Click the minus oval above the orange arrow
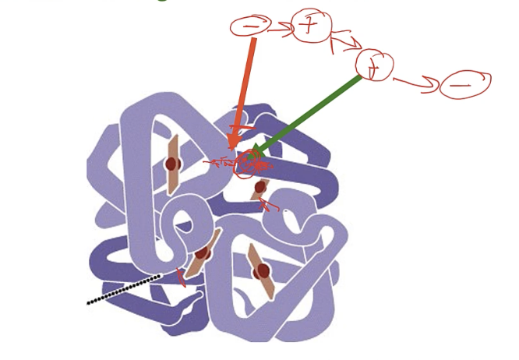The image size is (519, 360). [x=250, y=26]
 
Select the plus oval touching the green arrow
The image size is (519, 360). [x=373, y=65]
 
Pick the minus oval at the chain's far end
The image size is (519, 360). [x=464, y=83]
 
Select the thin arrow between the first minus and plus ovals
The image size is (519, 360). [x=279, y=30]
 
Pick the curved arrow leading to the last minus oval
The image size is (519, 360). [x=417, y=83]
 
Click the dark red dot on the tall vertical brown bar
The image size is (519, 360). [x=172, y=164]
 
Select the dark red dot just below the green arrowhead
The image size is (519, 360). [x=260, y=187]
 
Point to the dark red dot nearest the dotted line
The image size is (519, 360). [x=202, y=253]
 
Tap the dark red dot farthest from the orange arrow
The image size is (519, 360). [x=262, y=271]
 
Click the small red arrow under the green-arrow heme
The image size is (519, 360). [x=267, y=205]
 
